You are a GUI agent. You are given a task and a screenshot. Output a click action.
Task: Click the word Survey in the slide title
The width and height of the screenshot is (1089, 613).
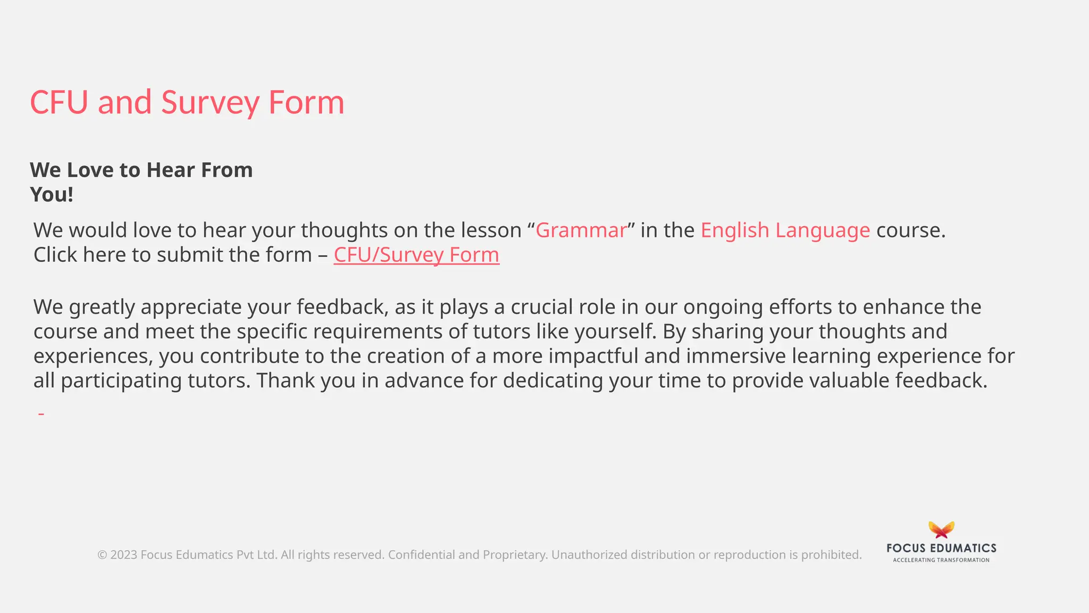(210, 102)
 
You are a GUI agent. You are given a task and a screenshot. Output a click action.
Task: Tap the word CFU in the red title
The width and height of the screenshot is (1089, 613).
(58, 102)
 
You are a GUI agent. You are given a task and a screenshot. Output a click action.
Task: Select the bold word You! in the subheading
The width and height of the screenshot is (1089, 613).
(52, 195)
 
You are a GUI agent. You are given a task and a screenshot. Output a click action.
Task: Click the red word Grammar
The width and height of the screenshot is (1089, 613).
(581, 230)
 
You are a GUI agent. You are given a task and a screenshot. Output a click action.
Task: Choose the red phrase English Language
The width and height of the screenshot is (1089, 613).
(785, 230)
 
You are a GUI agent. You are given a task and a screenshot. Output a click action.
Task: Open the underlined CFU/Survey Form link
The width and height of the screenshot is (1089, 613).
(416, 255)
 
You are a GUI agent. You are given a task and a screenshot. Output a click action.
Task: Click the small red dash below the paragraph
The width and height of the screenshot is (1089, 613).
(41, 413)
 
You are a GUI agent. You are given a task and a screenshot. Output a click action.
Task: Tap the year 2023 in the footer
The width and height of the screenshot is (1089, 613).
(124, 555)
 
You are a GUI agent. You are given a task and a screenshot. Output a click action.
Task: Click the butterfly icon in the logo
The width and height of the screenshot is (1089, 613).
(941, 530)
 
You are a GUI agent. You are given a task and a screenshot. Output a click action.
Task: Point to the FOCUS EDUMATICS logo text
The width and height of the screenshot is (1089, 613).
(941, 548)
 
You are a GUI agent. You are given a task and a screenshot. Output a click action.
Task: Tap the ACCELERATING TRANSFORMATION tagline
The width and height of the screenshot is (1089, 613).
(941, 560)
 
